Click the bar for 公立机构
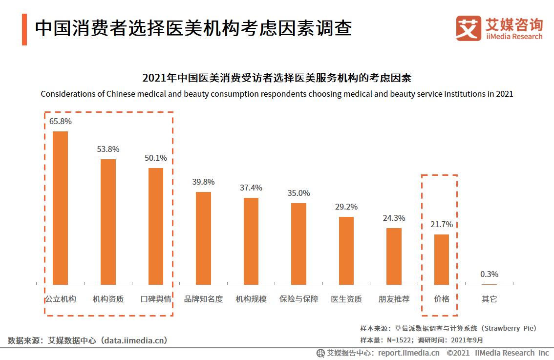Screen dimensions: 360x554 pos(61,208)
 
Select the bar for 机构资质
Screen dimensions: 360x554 pos(108,222)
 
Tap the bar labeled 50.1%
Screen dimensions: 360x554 pos(156,226)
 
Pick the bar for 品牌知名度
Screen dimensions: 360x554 pos(203,238)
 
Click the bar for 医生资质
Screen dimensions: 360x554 pos(346,251)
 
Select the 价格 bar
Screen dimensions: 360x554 pos(442,259)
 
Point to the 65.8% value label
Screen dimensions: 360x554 pos(61,121)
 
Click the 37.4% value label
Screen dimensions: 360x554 pos(251,188)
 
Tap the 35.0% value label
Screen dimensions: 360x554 pos(298,193)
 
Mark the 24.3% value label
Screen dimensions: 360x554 pos(394,218)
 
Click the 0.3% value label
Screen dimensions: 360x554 pos(489,274)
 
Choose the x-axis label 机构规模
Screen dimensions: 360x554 pos(251,299)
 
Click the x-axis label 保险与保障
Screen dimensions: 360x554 pos(298,299)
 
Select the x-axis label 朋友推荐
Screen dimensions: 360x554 pos(394,299)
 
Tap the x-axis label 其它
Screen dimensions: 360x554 pos(489,299)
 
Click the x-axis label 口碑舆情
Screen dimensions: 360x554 pos(156,299)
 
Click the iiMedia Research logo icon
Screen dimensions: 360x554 pos(469,28)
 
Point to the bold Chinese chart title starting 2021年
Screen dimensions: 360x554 pos(277,78)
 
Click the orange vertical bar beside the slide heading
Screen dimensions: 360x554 pos(24,29)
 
